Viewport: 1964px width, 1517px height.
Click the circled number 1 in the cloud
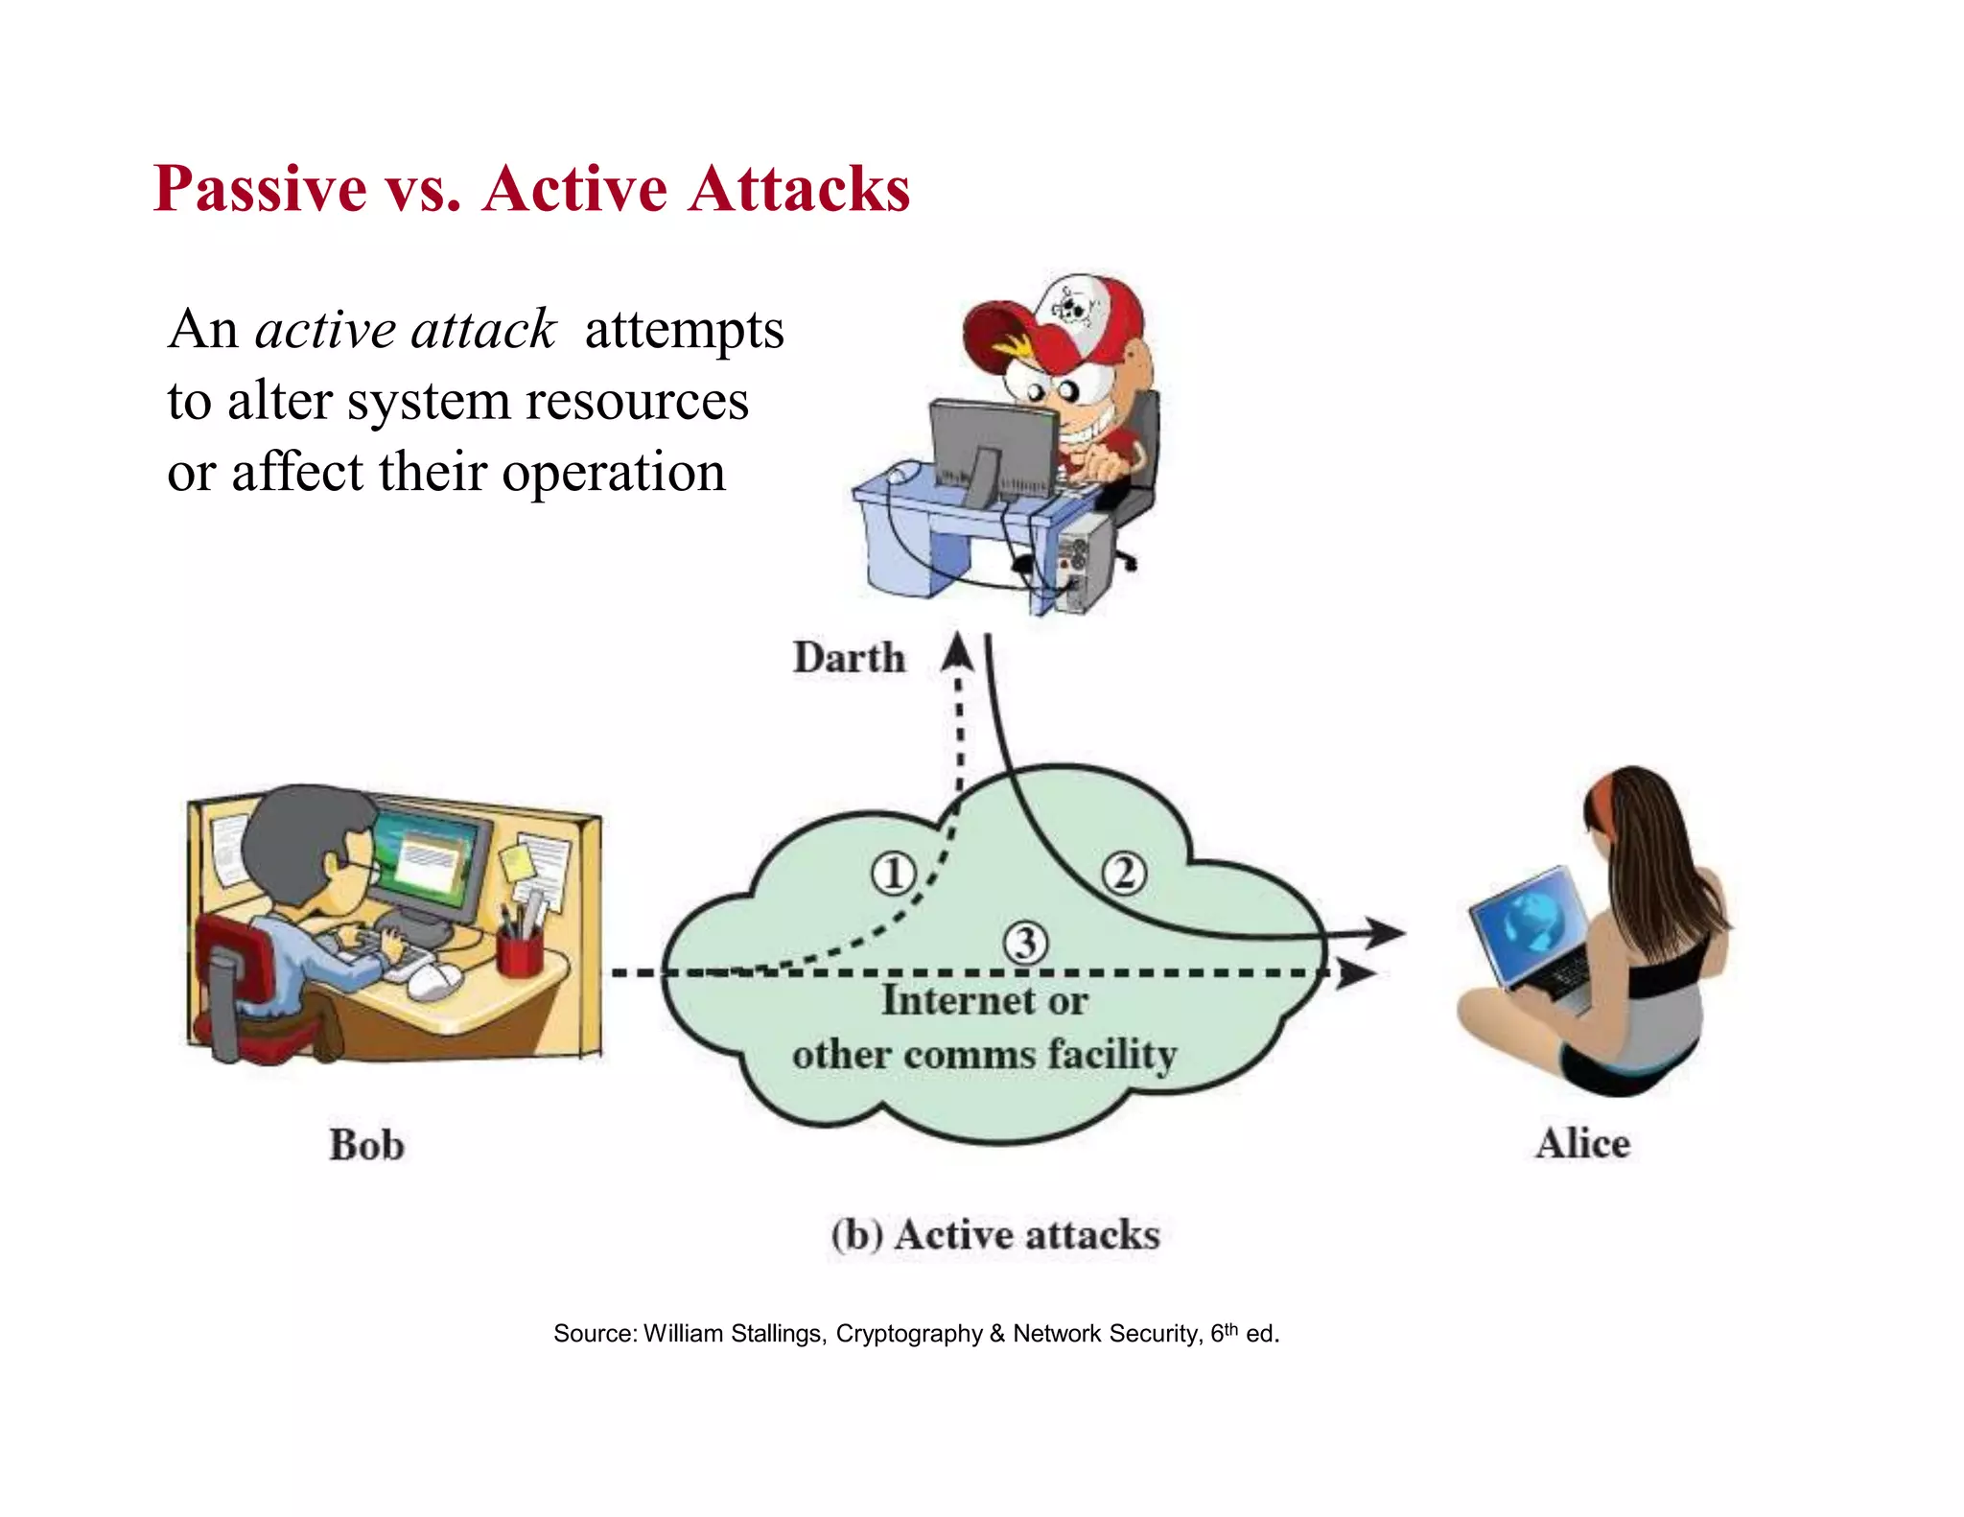(x=893, y=874)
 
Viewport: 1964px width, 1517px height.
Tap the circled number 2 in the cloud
(x=1123, y=874)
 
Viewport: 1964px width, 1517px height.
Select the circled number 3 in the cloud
(x=1025, y=943)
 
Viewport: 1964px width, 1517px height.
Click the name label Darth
(x=849, y=659)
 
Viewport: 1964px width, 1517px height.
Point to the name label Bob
(x=366, y=1145)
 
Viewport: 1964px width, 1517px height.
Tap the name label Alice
(x=1582, y=1143)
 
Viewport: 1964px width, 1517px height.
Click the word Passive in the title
(x=260, y=189)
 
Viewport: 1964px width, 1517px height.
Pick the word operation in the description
(x=614, y=473)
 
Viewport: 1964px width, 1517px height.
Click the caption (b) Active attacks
(x=995, y=1234)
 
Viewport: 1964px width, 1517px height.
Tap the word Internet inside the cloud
(x=958, y=1000)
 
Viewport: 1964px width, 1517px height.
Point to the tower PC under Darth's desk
(x=1085, y=561)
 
